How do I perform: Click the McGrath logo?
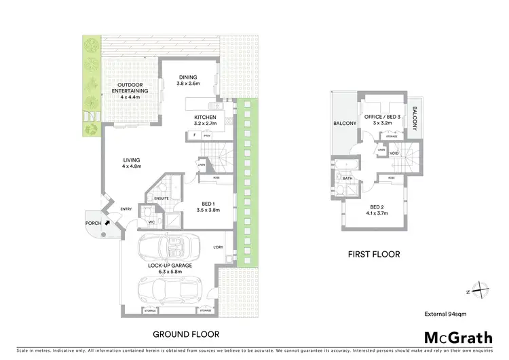point(458,337)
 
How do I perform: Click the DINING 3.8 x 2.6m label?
point(188,80)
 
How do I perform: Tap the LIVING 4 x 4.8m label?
point(131,163)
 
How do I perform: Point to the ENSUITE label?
point(161,198)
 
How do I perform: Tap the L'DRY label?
point(218,247)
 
